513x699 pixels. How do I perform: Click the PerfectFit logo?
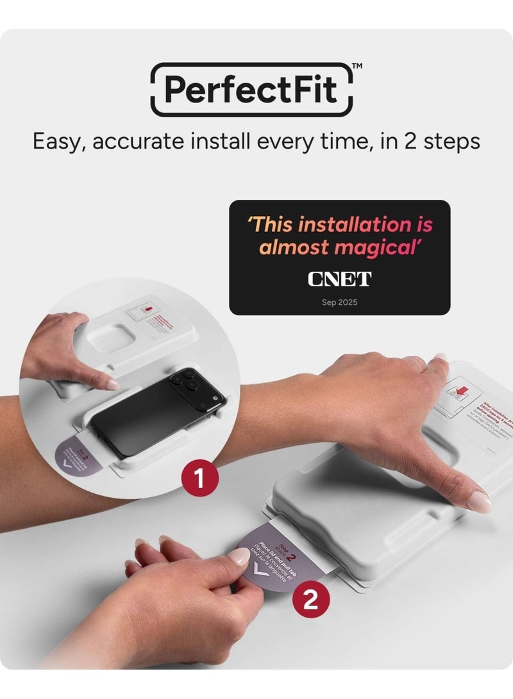pos(251,89)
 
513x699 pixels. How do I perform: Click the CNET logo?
pos(339,279)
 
